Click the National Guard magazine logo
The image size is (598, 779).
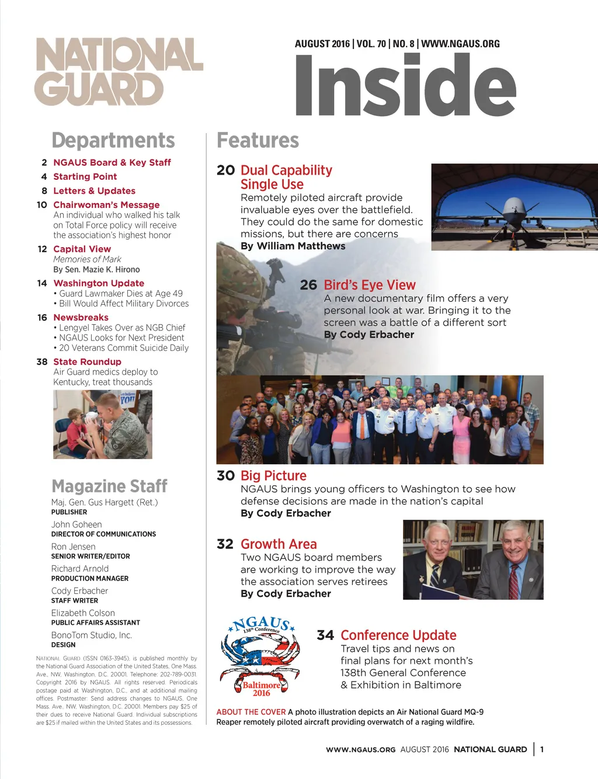point(119,72)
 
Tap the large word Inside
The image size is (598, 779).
point(405,85)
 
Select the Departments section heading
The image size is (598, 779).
point(113,141)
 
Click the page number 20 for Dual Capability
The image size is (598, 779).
point(225,170)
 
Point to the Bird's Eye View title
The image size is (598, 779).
point(370,285)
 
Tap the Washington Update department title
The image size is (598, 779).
point(99,283)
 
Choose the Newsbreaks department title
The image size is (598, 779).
point(81,318)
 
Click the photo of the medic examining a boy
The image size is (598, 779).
point(102,425)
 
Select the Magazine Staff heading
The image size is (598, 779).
point(109,486)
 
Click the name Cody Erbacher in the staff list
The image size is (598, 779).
point(79,591)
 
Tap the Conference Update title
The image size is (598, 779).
point(398,635)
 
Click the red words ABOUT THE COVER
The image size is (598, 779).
point(251,712)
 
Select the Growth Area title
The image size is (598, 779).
point(279,544)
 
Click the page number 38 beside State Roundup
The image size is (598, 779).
point(42,362)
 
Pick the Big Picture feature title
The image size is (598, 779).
point(273,476)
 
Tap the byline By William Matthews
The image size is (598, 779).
point(293,246)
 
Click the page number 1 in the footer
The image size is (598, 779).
point(542,749)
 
